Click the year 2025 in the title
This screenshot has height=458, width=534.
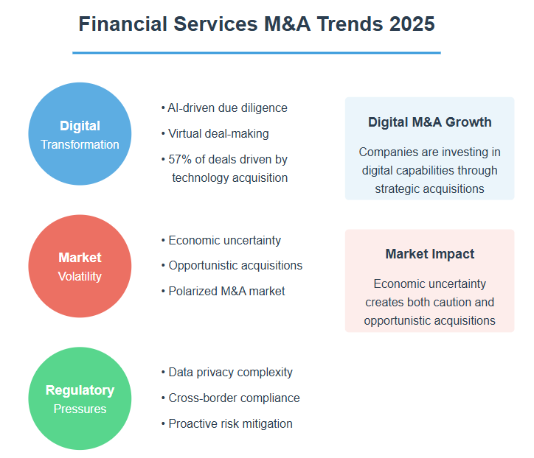412,24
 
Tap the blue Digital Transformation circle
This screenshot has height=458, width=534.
80,133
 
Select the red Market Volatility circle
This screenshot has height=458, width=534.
80,266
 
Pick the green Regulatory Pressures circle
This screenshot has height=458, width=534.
80,398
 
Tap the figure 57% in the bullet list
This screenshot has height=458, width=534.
180,160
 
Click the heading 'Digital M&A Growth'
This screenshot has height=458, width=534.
430,122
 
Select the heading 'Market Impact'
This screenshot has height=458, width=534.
430,254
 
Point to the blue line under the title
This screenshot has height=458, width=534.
257,53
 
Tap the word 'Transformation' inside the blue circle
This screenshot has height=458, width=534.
80,144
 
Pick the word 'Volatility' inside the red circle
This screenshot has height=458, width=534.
80,276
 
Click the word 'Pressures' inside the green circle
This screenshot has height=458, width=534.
80,409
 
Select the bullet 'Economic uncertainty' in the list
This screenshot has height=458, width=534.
225,240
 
